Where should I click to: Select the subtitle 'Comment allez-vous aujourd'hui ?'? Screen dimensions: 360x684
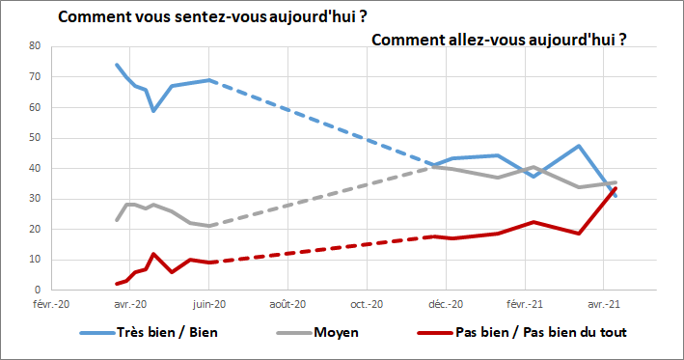500,40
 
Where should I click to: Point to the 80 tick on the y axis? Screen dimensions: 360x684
34,46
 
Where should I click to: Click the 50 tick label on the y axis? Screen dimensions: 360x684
34,138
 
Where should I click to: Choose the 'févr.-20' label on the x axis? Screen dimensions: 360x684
51,304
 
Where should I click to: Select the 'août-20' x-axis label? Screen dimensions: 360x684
287,304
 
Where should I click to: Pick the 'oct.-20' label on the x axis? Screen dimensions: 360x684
367,304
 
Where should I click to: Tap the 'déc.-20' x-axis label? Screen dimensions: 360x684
445,304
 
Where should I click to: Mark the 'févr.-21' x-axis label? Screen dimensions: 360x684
526,304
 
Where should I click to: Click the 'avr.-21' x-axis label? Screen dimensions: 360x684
604,304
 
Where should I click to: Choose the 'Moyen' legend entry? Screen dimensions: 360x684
337,333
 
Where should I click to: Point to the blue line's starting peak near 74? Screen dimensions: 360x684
117,65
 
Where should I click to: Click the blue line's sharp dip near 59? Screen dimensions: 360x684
153,111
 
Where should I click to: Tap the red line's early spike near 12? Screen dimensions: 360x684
153,254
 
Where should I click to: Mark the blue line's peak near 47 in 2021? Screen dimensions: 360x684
578,146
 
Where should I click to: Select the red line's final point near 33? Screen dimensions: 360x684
616,188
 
